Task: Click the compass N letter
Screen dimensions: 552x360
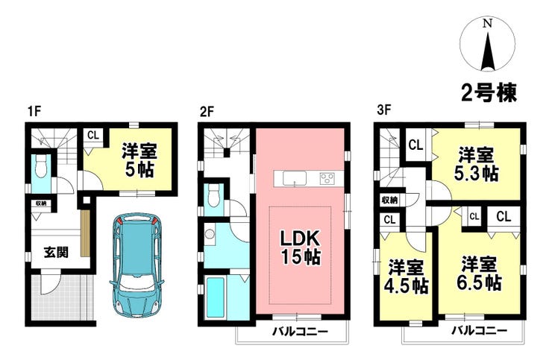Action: pos(487,24)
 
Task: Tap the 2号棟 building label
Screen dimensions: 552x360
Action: pos(489,92)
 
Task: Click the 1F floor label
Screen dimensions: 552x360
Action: pos(35,111)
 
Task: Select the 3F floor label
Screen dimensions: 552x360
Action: pos(384,111)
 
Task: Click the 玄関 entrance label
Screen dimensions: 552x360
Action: pos(57,252)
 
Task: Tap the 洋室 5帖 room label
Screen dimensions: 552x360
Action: pos(139,160)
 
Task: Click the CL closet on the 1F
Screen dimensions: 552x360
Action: pos(93,135)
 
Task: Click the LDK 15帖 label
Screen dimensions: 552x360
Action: pos(300,247)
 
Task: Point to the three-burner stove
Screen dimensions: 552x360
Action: pos(327,178)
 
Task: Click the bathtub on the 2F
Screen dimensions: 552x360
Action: pos(216,297)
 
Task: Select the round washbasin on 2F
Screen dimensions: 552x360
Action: pos(210,234)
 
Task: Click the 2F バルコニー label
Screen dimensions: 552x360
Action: pos(301,331)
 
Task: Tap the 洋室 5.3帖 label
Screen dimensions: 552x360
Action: pos(478,164)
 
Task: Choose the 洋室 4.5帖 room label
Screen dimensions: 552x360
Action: pos(408,277)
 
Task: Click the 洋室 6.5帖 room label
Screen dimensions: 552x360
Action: pos(480,273)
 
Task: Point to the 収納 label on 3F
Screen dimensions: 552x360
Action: pos(389,200)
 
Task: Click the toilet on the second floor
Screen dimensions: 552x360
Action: pos(213,198)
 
